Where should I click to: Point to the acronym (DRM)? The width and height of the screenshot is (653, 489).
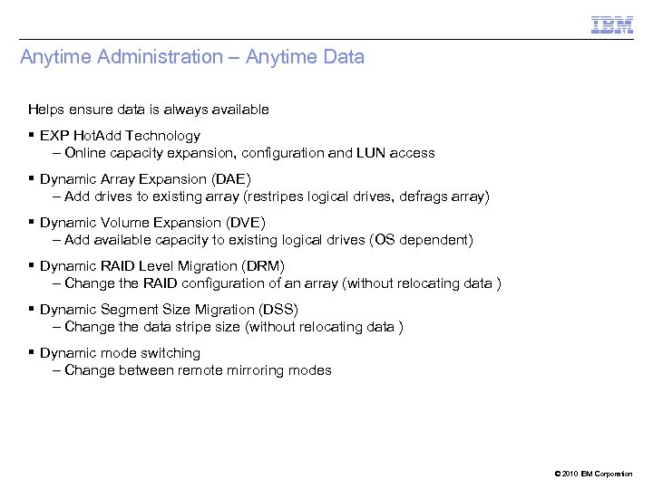[x=263, y=266]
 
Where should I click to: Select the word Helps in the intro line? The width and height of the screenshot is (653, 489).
[x=45, y=110]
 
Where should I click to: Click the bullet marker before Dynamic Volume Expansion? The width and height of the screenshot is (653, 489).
[x=32, y=222]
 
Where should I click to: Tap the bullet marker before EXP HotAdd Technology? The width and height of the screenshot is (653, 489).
[x=32, y=135]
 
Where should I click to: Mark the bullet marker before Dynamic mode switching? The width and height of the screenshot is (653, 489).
[x=32, y=352]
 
